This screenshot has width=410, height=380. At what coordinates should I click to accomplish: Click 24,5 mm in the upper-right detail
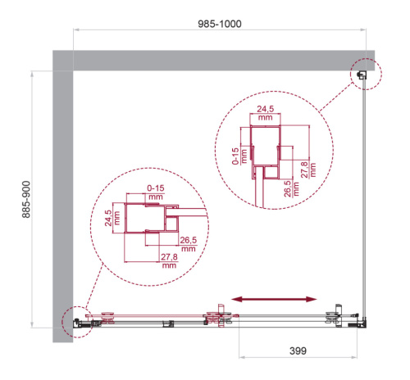coord(264,112)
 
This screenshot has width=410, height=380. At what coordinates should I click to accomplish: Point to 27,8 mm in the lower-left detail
coord(169,261)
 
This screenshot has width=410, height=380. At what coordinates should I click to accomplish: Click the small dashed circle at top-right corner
coord(364,75)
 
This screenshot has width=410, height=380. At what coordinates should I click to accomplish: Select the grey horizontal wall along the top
coord(213,59)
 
